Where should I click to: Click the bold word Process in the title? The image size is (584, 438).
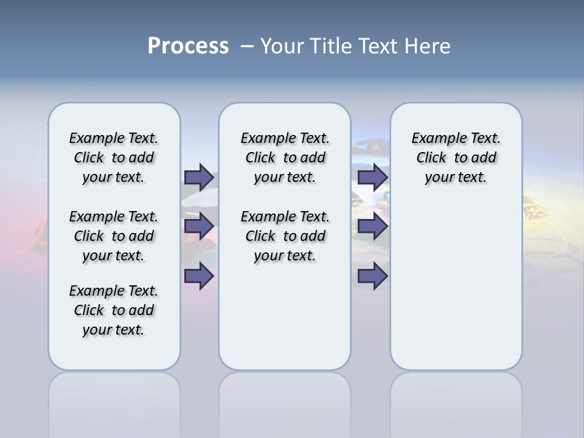188,46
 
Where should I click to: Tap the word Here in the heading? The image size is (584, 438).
426,46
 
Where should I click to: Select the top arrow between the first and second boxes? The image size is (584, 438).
198,177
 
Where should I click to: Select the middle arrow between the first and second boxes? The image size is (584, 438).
198,226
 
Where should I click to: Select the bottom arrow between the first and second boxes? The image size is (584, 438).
198,276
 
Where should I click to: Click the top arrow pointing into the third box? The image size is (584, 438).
372,177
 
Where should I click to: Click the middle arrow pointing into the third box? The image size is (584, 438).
372,226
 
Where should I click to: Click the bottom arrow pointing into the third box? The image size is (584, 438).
372,276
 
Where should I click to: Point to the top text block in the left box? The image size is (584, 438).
114,158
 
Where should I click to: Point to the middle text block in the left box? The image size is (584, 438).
114,236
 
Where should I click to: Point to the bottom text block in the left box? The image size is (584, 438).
114,310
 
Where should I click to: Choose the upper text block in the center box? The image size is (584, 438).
285,158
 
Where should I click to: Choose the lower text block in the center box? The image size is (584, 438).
285,236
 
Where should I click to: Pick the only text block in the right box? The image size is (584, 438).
456,158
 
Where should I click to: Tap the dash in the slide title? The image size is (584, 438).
248,46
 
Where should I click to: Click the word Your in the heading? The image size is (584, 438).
283,46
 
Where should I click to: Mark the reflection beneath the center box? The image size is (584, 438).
285,401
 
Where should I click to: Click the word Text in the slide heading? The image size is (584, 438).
377,46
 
